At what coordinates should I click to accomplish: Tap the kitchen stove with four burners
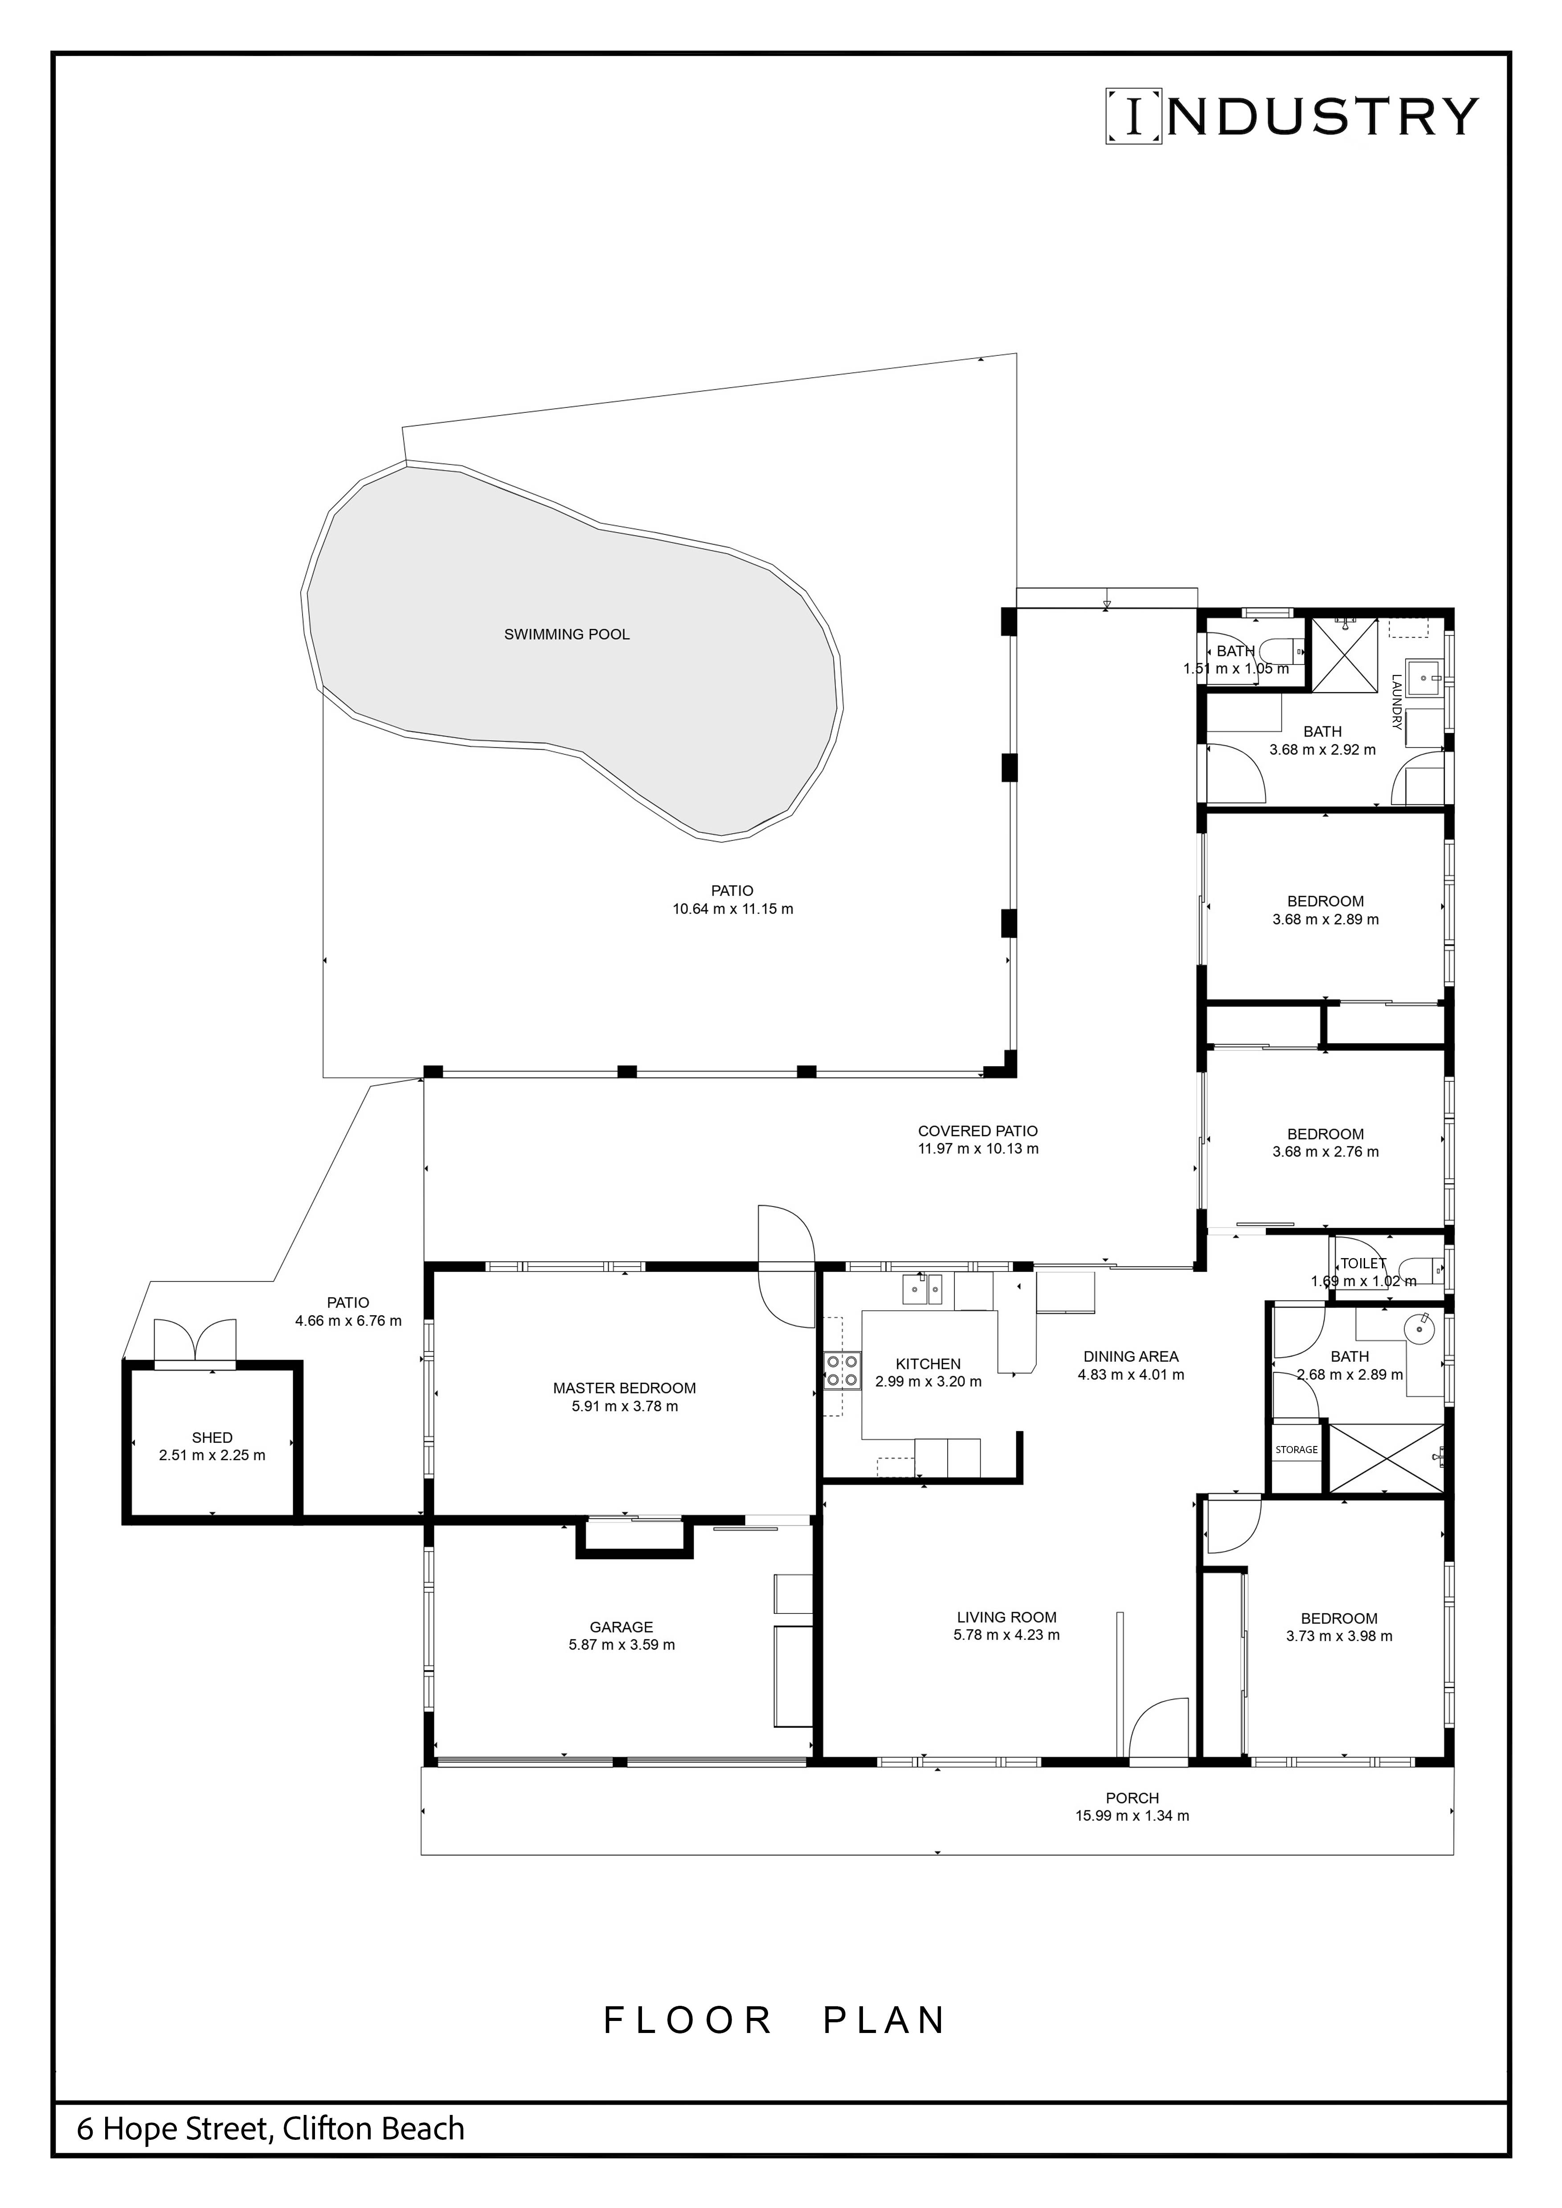click(x=842, y=1370)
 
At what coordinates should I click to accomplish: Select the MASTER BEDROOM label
click(x=624, y=1388)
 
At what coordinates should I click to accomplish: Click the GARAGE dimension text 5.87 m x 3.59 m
click(x=622, y=1645)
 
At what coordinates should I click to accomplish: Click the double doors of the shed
click(x=195, y=1339)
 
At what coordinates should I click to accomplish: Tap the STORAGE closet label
click(x=1296, y=1449)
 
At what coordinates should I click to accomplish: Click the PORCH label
click(x=1132, y=1797)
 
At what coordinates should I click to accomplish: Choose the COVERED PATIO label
click(x=978, y=1131)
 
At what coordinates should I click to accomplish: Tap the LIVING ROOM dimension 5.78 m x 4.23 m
click(x=1007, y=1635)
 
